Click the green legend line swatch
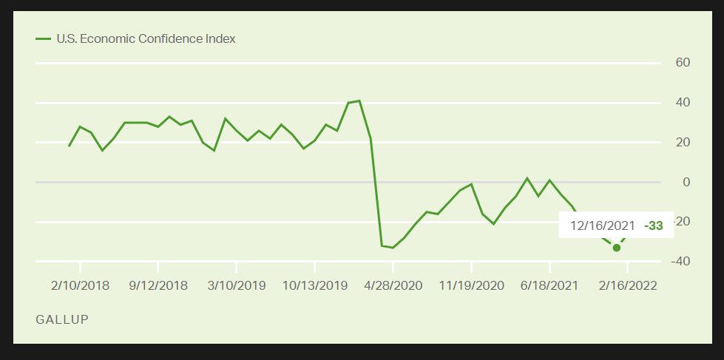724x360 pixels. click(x=43, y=38)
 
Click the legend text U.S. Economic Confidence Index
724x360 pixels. click(x=146, y=38)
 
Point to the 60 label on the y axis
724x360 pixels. click(x=682, y=62)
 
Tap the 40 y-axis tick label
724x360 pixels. click(x=682, y=102)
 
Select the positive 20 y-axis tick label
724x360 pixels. click(x=682, y=142)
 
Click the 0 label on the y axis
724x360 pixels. click(x=686, y=182)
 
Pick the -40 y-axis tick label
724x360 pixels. click(x=679, y=262)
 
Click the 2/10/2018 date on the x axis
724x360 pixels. click(x=80, y=285)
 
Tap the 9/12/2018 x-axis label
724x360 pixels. click(x=158, y=285)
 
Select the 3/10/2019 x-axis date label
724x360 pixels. click(x=236, y=285)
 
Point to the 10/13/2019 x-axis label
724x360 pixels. click(x=314, y=285)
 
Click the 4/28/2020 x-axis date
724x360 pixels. click(x=393, y=285)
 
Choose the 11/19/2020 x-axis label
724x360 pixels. click(x=471, y=285)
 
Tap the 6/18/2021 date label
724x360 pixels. click(x=549, y=285)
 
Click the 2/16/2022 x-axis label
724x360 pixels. click(x=628, y=285)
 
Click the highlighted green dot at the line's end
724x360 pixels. click(x=617, y=248)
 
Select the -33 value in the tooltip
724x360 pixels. click(x=653, y=225)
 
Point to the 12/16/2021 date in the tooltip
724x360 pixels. click(x=601, y=225)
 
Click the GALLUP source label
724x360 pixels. click(x=62, y=319)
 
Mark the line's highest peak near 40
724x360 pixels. click(x=359, y=101)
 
